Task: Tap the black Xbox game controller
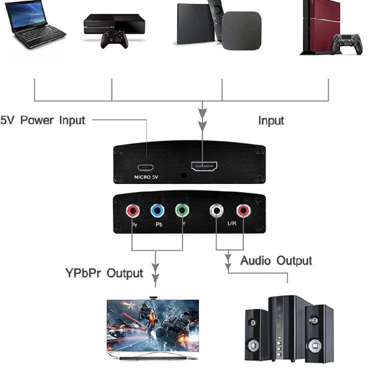coord(114,39)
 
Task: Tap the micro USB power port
coord(146,167)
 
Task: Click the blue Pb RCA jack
coord(158,211)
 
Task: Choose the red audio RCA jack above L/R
coord(243,211)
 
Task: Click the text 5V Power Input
coord(42,120)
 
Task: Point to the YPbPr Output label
coord(104,273)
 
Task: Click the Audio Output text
coord(276,261)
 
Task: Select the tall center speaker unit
coord(284,327)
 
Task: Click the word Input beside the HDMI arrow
coord(271,121)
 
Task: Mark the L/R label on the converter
coord(231,223)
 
